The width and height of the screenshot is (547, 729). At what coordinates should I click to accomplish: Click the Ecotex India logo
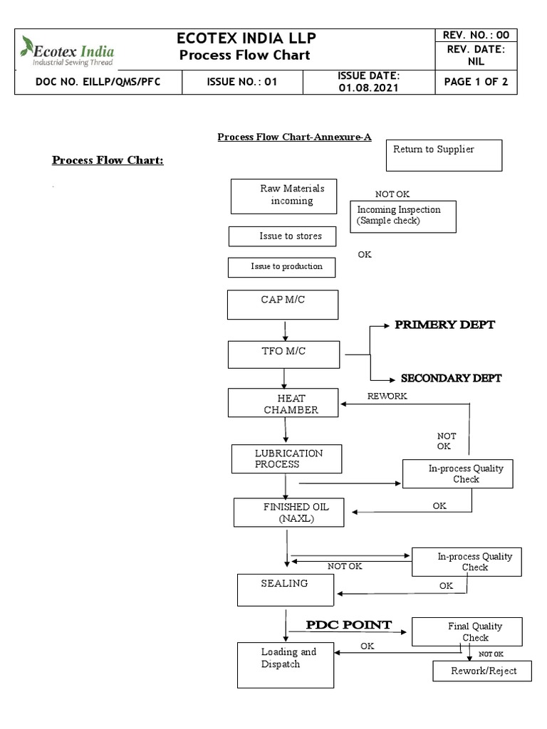(68, 51)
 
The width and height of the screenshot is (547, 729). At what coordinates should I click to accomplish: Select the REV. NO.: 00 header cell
(475, 36)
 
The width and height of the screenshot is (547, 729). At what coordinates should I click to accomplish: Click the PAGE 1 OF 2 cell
(475, 82)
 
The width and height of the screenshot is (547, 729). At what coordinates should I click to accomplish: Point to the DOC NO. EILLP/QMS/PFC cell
(98, 82)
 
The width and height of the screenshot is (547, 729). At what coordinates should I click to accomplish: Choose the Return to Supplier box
(444, 155)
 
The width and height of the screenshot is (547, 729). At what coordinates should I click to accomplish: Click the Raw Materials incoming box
(283, 196)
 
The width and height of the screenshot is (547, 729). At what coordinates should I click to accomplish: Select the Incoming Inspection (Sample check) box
(403, 216)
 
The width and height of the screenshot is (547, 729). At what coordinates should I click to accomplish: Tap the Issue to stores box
(282, 236)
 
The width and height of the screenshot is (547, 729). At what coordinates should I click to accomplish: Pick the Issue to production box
(281, 267)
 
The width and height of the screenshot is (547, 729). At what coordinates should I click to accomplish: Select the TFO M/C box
(284, 354)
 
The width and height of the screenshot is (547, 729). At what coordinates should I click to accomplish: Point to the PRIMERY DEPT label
(444, 325)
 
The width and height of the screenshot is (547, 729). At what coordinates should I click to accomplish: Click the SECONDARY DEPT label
(451, 378)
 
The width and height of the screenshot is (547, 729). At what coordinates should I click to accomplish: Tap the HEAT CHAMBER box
(284, 403)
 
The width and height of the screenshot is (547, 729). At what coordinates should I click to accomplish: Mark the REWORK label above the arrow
(387, 396)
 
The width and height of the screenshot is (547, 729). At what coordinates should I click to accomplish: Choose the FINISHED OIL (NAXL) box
(288, 513)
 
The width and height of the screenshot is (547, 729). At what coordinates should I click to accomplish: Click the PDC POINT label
(349, 625)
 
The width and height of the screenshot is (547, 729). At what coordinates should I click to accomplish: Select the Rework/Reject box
(482, 671)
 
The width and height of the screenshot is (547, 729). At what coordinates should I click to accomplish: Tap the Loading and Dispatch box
(285, 665)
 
